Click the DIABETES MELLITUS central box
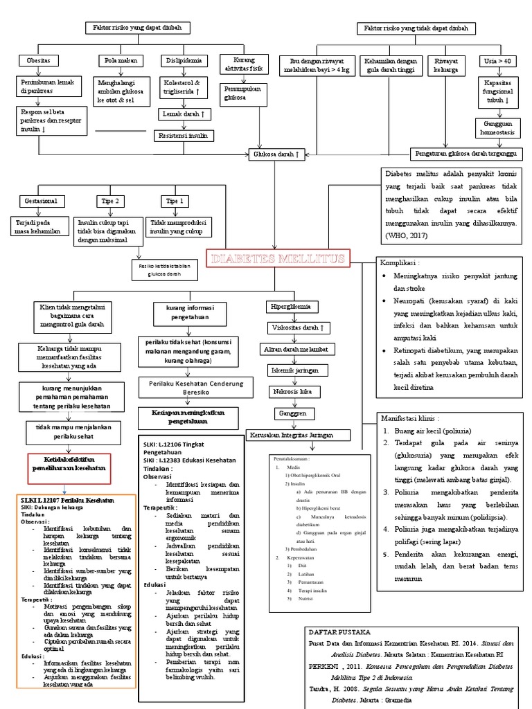click(x=277, y=260)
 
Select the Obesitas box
click(x=39, y=61)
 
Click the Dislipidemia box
click(x=181, y=61)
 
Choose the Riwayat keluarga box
click(x=449, y=66)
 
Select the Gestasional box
click(x=43, y=201)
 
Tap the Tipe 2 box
click(x=109, y=201)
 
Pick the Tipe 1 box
click(x=173, y=201)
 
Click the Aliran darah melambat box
click(x=292, y=349)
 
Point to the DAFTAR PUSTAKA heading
click(x=340, y=632)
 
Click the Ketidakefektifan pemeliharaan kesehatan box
click(x=69, y=464)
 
